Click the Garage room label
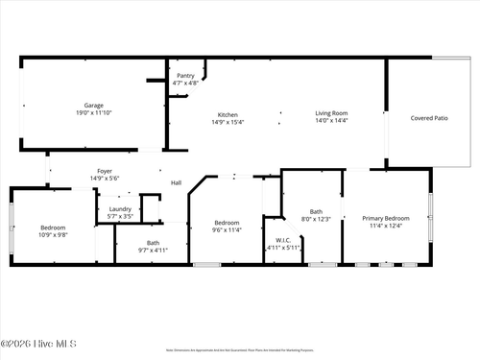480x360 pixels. [x=93, y=106]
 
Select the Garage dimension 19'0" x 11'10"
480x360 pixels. [x=93, y=112]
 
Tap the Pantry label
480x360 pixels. [x=185, y=76]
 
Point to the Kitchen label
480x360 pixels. [x=228, y=114]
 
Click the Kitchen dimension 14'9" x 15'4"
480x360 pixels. [x=228, y=121]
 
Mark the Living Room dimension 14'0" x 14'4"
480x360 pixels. [x=331, y=121]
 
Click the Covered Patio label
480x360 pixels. [x=428, y=118]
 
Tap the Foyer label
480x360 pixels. [x=104, y=171]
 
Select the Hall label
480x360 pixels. [x=176, y=182]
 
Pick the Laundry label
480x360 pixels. [x=120, y=209]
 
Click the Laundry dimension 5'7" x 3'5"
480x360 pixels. [x=120, y=216]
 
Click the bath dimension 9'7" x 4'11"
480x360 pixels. [x=154, y=250]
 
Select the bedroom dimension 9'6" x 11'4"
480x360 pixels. [x=227, y=229]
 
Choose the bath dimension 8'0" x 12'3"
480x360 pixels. [x=316, y=219]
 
